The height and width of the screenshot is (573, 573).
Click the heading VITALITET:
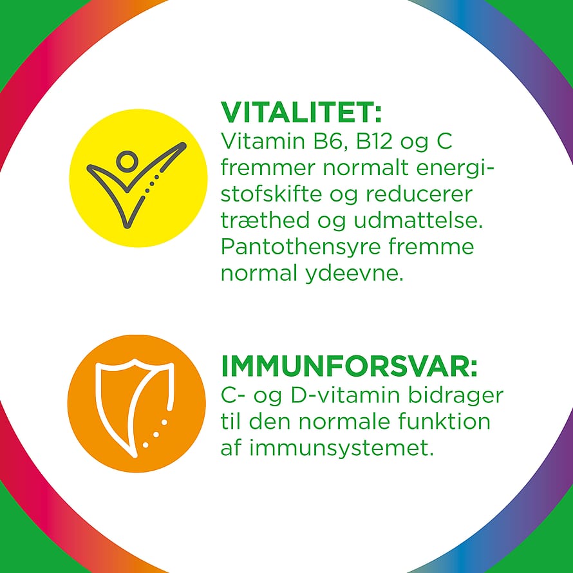301,112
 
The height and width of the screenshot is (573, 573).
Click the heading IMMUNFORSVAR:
349,366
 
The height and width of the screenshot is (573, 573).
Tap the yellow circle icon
138,178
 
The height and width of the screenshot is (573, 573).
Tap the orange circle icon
136,404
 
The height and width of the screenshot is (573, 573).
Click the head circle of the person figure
127,161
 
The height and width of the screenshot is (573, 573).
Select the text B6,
330,142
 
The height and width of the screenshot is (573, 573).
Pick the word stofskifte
271,194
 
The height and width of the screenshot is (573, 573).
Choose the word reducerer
419,194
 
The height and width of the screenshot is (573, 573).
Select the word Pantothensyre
301,248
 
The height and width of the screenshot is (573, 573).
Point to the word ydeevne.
354,274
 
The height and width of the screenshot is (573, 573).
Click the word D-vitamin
345,396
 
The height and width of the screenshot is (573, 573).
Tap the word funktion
444,421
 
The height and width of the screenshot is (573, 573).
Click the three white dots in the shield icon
155,434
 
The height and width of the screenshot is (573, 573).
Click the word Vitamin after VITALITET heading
263,141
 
